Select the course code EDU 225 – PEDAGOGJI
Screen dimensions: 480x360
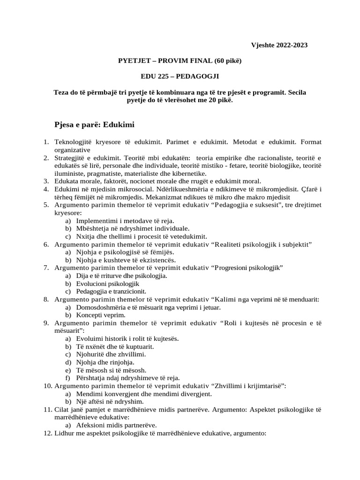[180, 75]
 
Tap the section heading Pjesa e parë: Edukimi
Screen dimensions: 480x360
[95, 125]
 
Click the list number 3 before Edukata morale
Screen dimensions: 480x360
[46, 181]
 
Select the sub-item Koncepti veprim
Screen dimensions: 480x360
[101, 315]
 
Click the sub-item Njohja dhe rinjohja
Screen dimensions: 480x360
[105, 362]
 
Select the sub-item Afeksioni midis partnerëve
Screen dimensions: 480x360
[116, 425]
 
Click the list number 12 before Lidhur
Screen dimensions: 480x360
[47, 434]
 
